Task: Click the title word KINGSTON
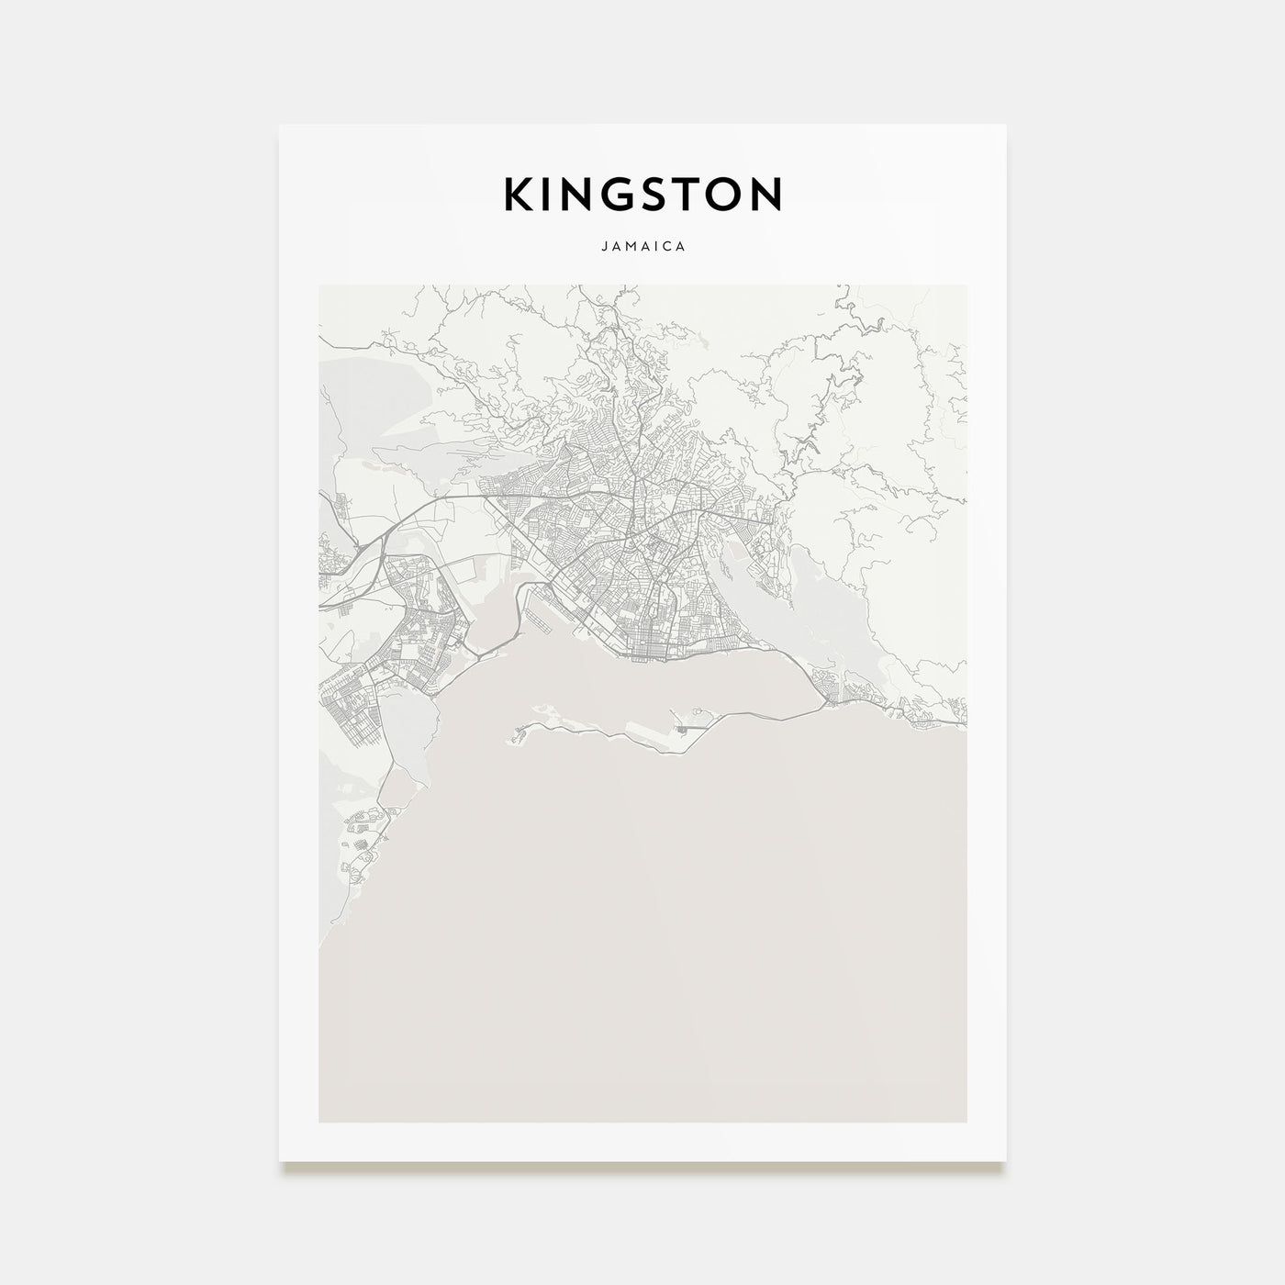coord(642,194)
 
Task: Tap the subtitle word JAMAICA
coord(642,247)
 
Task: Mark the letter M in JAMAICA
coord(631,247)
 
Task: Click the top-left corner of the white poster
coord(280,125)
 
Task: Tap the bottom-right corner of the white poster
coord(1006,1159)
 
